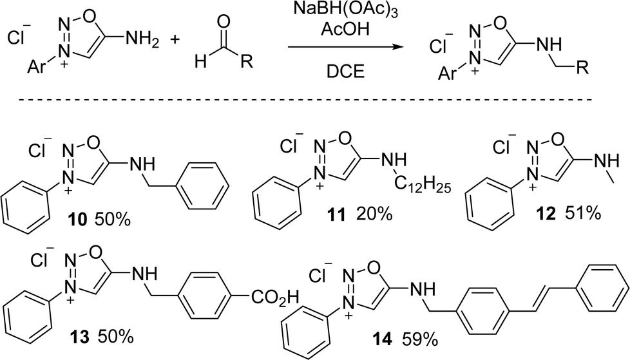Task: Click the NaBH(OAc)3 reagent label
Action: [x=345, y=10]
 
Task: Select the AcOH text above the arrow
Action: [x=345, y=30]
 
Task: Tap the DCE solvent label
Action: [x=345, y=71]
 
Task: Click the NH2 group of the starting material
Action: [x=142, y=40]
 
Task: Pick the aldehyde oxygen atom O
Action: [x=224, y=23]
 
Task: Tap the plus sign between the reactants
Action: [x=176, y=40]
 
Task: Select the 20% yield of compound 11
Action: [x=373, y=214]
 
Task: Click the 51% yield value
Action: [x=583, y=213]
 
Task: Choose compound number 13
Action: [x=79, y=337]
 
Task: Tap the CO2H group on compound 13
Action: [x=276, y=298]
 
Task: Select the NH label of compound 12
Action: [x=606, y=161]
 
